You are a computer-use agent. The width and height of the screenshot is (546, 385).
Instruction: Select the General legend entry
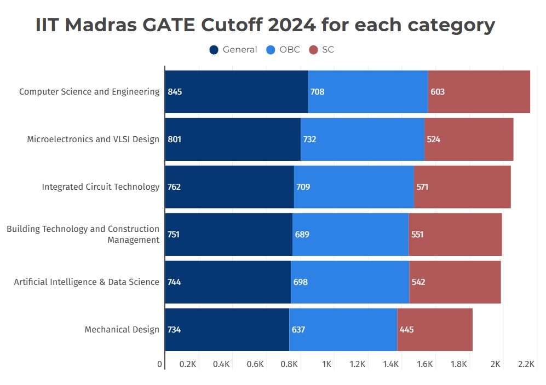tap(233, 50)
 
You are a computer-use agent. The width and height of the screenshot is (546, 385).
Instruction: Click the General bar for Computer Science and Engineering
tap(236, 92)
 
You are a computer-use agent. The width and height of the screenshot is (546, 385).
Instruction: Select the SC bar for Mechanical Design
tap(435, 330)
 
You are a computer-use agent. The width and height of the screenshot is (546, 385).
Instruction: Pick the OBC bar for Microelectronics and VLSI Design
tap(363, 139)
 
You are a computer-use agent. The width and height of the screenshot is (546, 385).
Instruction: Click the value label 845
tap(175, 92)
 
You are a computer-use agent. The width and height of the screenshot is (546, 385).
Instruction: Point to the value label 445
tap(406, 330)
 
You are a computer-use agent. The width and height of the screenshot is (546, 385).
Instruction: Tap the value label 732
tap(309, 139)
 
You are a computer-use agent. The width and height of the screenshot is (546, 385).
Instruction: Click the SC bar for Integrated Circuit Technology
tap(462, 187)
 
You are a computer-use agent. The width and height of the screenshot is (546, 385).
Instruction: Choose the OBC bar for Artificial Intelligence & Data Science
tap(350, 282)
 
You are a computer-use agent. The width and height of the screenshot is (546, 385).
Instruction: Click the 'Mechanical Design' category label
tap(122, 330)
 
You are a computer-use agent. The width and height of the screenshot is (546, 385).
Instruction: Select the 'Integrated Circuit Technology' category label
tap(100, 187)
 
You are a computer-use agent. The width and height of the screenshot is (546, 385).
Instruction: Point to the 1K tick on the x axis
tap(327, 364)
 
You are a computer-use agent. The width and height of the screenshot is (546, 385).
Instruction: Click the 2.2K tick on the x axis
tap(526, 364)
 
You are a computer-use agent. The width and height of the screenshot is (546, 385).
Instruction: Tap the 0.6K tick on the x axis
tap(255, 364)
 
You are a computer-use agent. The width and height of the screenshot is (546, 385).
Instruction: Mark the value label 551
tap(417, 235)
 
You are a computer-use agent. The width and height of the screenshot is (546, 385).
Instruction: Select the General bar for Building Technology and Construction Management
tap(228, 235)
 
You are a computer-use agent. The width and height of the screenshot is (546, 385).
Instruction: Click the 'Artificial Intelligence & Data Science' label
tap(87, 282)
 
